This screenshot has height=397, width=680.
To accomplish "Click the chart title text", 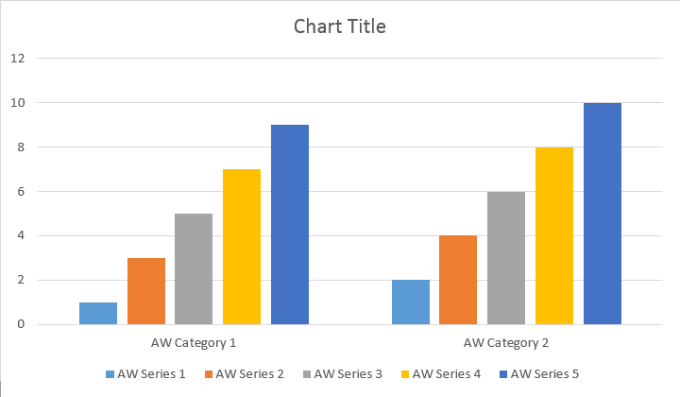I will [x=339, y=26].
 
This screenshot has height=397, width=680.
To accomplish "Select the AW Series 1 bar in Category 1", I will [x=98, y=314].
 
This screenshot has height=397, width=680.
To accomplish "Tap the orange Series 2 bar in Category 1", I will [x=146, y=291].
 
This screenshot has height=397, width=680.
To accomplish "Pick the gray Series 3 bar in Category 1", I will [x=194, y=269].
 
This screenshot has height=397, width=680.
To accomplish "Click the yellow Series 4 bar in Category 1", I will [x=242, y=247].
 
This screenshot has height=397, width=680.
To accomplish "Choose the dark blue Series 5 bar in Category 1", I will [x=290, y=225].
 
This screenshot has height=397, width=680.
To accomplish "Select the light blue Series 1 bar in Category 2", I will [x=411, y=302].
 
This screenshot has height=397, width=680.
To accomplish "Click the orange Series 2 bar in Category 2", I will [x=458, y=280].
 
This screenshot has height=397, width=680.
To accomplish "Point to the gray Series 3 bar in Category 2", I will [x=506, y=258].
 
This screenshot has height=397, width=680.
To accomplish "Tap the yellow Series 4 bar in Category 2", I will [x=554, y=235].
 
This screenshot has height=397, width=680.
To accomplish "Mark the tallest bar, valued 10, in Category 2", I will [x=603, y=214].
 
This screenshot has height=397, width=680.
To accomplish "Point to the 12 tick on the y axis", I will [x=17, y=58].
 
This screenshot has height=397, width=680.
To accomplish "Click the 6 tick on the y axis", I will [x=20, y=191].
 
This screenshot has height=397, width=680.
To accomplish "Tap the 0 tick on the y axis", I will [x=20, y=325].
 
